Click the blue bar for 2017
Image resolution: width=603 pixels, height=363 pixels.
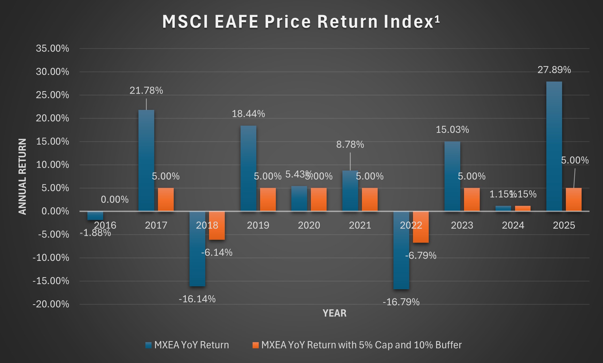(146, 160)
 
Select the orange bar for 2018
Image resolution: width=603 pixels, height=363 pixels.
(217, 226)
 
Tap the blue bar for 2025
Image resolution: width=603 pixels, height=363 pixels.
(554, 146)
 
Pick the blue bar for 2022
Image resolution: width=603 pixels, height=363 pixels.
(401, 250)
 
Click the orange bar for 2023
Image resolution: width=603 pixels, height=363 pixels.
(472, 199)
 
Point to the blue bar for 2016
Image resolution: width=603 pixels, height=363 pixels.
(95, 215)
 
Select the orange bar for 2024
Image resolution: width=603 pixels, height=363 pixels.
(523, 208)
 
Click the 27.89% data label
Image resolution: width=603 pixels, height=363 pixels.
(554, 70)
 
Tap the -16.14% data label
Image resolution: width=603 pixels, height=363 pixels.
(197, 299)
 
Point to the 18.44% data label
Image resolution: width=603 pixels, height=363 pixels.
(248, 114)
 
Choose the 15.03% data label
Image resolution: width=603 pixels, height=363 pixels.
(452, 130)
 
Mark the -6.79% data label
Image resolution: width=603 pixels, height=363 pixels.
(421, 256)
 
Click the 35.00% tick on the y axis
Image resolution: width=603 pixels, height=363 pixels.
(52, 48)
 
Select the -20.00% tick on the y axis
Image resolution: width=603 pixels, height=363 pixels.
(51, 304)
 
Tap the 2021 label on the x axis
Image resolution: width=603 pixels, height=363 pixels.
(360, 225)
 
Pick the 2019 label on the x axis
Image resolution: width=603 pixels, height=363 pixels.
(258, 225)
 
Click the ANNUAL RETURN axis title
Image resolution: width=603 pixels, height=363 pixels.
(22, 176)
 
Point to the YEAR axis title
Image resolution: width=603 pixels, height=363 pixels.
(334, 313)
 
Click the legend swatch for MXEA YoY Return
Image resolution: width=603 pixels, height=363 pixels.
(148, 345)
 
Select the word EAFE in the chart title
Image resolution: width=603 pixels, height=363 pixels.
(237, 21)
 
